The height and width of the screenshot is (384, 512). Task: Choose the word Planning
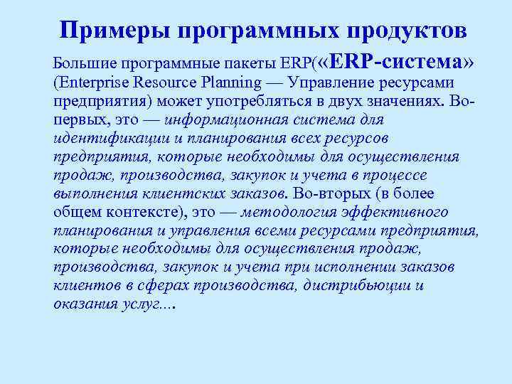pyautogui.click(x=240, y=82)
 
